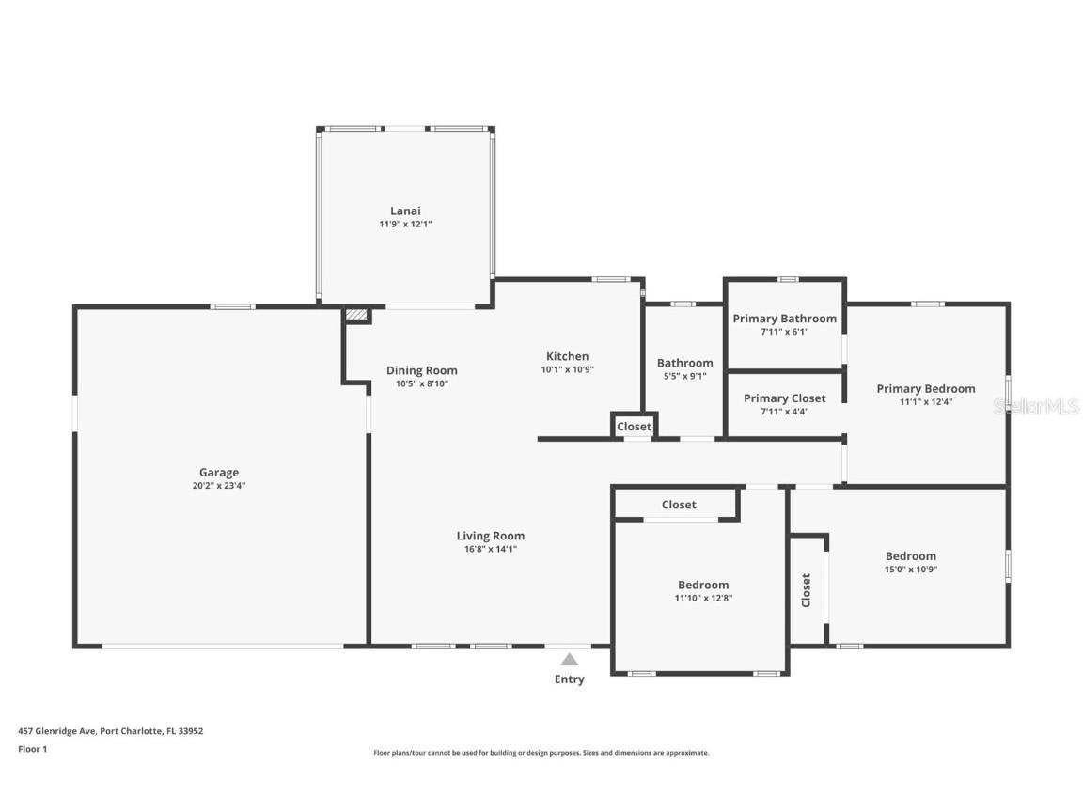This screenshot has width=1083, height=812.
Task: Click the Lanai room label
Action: click(405, 211)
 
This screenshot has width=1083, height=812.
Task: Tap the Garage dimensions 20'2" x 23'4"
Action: click(218, 486)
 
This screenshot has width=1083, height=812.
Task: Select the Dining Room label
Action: click(421, 370)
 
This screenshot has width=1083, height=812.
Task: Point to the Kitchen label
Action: click(567, 356)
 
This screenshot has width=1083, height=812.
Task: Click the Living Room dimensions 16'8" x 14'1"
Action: click(490, 550)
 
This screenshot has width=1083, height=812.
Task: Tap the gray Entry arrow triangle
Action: click(570, 660)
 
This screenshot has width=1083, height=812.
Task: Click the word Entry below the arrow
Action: click(569, 679)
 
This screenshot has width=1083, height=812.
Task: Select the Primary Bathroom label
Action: click(784, 319)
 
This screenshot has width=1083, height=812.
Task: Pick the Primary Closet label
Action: click(784, 398)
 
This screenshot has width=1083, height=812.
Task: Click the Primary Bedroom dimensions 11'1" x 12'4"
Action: click(925, 402)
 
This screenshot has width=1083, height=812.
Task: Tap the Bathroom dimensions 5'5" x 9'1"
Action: click(684, 376)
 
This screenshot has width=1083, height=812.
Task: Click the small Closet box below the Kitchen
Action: click(634, 427)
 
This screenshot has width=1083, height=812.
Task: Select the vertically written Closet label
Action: click(806, 590)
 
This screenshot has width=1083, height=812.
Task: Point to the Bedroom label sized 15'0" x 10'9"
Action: click(910, 555)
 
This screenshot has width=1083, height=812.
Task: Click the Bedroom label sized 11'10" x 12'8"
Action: click(702, 585)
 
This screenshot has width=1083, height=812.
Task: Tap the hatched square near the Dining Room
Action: click(356, 316)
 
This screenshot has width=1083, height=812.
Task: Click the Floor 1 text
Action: click(32, 749)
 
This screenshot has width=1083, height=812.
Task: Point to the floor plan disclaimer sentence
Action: click(541, 753)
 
